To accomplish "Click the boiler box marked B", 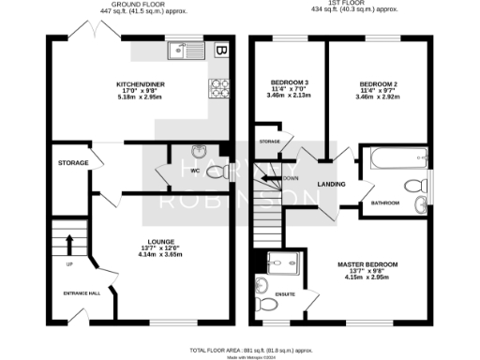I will [x=222, y=50].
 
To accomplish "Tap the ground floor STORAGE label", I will [x=73, y=163].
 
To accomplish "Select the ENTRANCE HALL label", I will [x=82, y=294].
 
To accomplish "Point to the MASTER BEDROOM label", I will [x=367, y=264].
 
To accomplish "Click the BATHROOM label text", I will [x=385, y=202].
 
